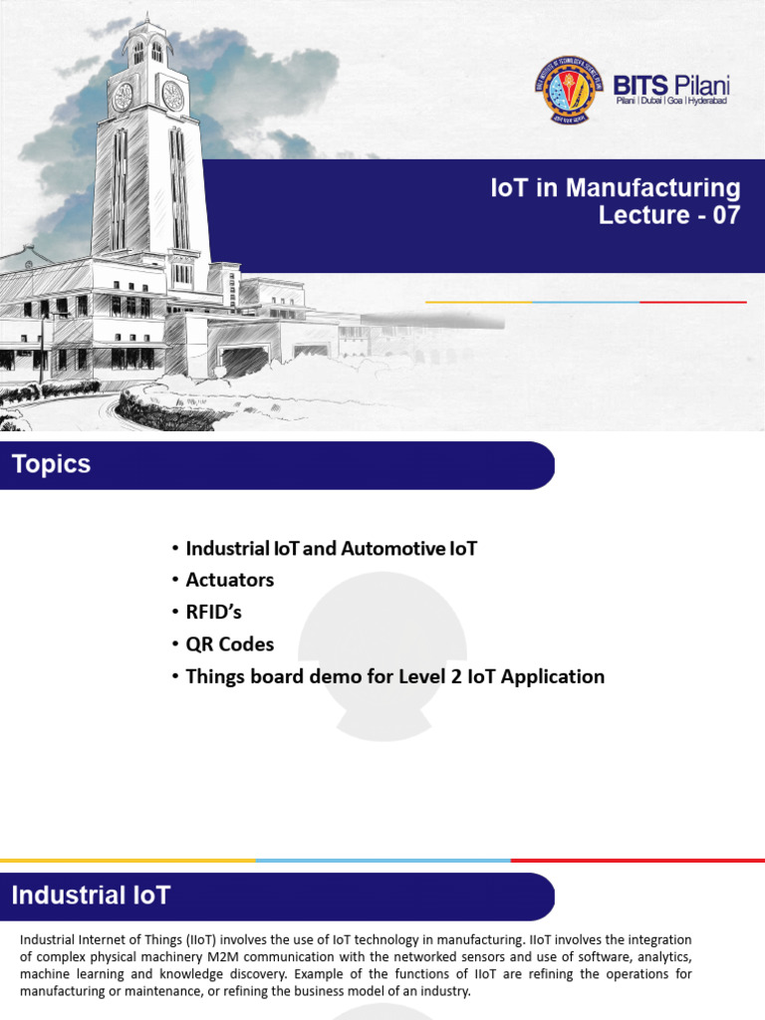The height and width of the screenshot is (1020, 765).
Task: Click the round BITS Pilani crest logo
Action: pyautogui.click(x=569, y=90)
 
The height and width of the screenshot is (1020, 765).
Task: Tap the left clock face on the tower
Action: pyautogui.click(x=123, y=97)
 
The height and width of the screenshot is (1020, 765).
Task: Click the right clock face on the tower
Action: pyautogui.click(x=172, y=96)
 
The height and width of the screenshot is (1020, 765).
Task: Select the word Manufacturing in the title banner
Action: pyautogui.click(x=652, y=187)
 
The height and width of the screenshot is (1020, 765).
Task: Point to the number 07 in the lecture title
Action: pyautogui.click(x=726, y=215)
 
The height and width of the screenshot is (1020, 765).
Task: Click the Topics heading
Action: pyautogui.click(x=52, y=464)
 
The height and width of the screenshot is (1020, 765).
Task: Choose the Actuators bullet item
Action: pyautogui.click(x=230, y=580)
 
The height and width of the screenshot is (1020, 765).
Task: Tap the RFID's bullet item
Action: pyautogui.click(x=213, y=612)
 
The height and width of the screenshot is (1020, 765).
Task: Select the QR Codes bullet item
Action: pyautogui.click(x=230, y=644)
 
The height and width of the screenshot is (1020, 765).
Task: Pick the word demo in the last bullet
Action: pyautogui.click(x=335, y=676)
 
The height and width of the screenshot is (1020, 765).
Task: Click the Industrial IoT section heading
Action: pyautogui.click(x=91, y=895)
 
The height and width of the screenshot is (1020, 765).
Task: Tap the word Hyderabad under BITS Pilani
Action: pyautogui.click(x=708, y=101)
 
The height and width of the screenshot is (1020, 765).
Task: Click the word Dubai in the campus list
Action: pyautogui.click(x=651, y=101)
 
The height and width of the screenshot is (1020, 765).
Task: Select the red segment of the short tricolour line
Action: pyautogui.click(x=693, y=302)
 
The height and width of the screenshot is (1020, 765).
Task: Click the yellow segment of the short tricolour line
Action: pyautogui.click(x=479, y=302)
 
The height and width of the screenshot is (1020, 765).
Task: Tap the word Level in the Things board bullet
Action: pyautogui.click(x=421, y=676)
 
